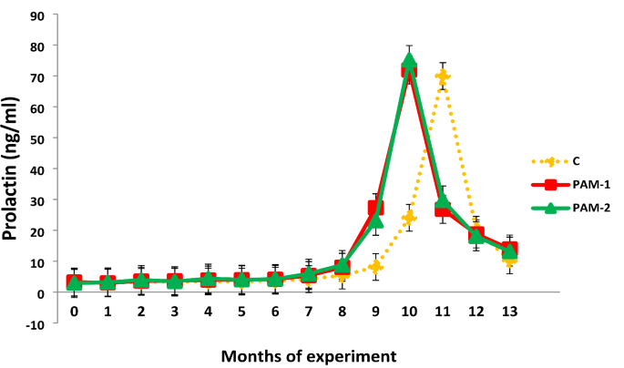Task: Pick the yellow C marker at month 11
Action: tap(443, 77)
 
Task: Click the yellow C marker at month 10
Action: tap(409, 218)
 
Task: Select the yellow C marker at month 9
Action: tap(375, 267)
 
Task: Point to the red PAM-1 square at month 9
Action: tap(375, 208)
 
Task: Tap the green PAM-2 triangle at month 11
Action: tap(443, 202)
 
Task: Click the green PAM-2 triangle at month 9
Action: tap(375, 220)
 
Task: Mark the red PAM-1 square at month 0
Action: tap(74, 282)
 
